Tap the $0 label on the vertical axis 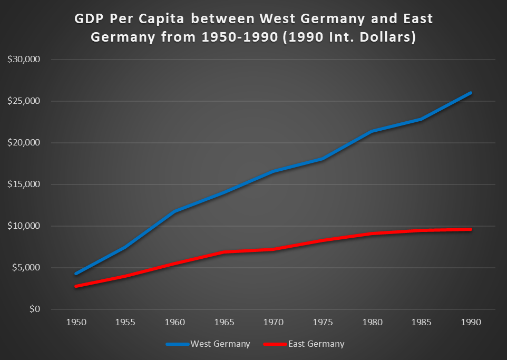pyautogui.click(x=34, y=309)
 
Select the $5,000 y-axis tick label pyautogui.click(x=26, y=268)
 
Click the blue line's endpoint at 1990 pyautogui.click(x=470, y=93)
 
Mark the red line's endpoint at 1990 pyautogui.click(x=470, y=229)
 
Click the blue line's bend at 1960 pyautogui.click(x=175, y=211)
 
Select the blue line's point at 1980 pyautogui.click(x=372, y=131)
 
